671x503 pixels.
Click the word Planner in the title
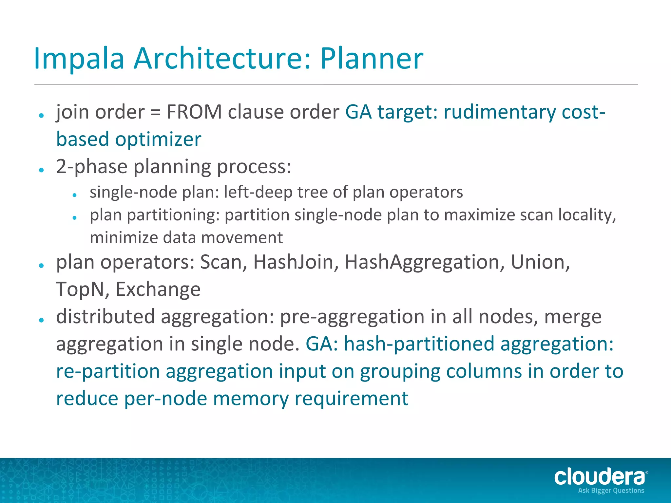point(372,59)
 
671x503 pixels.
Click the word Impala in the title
point(79,59)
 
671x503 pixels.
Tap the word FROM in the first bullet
point(194,112)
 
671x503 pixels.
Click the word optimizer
point(158,140)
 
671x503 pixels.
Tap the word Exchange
point(158,289)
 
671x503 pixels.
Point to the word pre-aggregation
point(352,317)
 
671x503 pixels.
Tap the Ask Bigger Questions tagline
point(611,491)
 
